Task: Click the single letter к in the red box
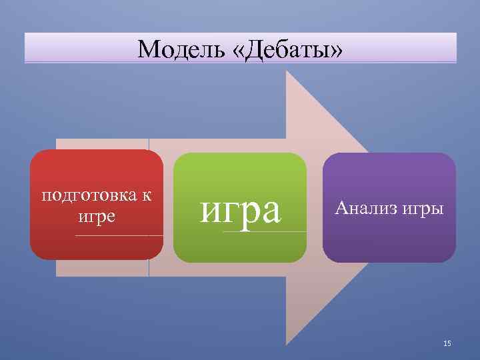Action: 146,196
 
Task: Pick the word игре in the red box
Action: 97,217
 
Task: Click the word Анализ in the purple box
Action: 366,208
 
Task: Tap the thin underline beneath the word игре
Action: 119,235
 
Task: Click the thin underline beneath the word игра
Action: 265,231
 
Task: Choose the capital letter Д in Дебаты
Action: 255,49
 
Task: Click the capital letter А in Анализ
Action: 341,208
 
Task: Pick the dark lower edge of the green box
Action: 240,259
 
